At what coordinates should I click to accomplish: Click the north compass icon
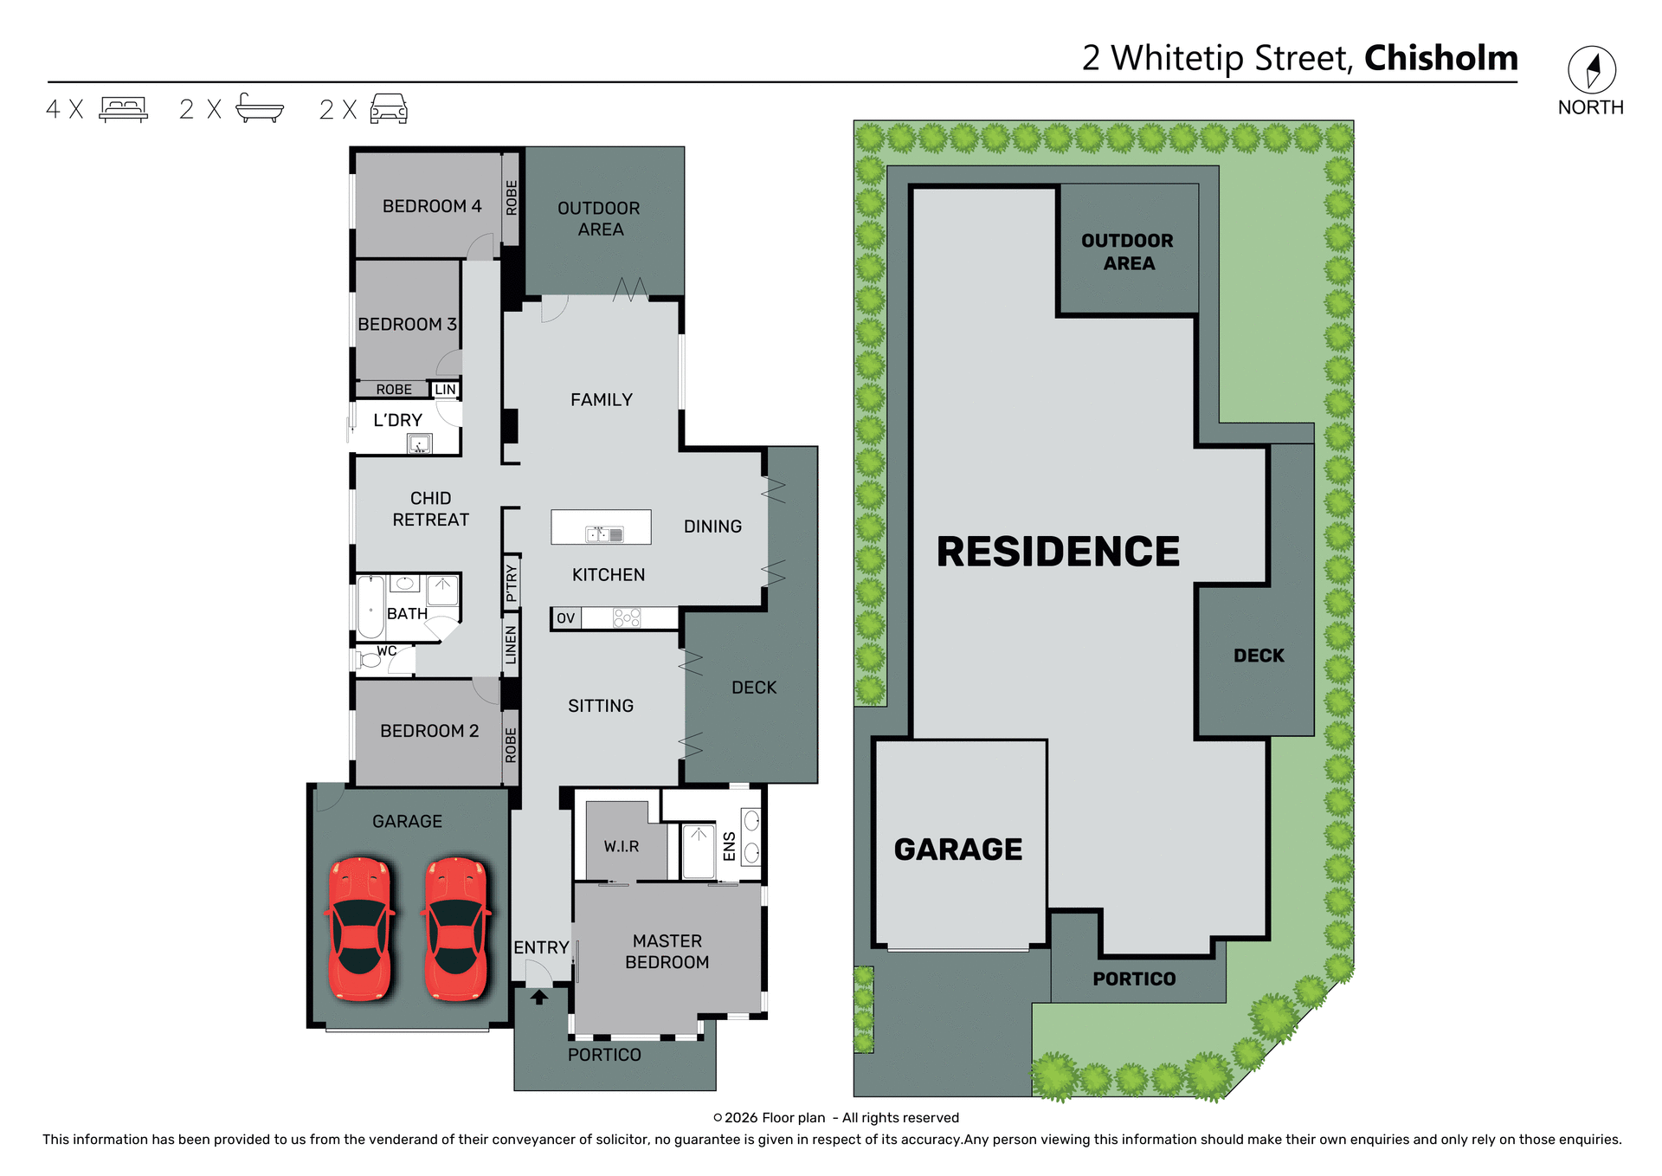tap(1591, 70)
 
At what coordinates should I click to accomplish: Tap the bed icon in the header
tap(123, 109)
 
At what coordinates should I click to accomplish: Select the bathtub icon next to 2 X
tap(259, 108)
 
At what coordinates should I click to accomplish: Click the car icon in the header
tap(389, 108)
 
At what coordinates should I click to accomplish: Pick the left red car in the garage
tap(360, 928)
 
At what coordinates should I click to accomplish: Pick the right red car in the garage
tap(456, 928)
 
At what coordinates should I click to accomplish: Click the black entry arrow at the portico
tap(539, 998)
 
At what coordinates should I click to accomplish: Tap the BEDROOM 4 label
tap(431, 206)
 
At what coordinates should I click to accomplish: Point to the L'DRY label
tap(397, 420)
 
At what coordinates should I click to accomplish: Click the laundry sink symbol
tap(419, 444)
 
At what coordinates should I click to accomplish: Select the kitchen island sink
tap(603, 534)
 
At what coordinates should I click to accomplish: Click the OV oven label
tap(565, 617)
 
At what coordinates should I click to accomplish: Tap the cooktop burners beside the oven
tap(627, 617)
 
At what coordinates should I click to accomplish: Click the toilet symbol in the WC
tap(370, 660)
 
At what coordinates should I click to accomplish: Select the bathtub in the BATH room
tap(370, 607)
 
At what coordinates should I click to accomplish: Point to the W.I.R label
tap(622, 846)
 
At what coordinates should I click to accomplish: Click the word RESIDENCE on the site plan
tap(1058, 552)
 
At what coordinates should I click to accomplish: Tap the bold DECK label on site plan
tap(1259, 656)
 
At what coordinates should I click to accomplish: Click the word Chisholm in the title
tap(1440, 58)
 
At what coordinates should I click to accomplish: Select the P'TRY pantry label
tap(512, 583)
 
